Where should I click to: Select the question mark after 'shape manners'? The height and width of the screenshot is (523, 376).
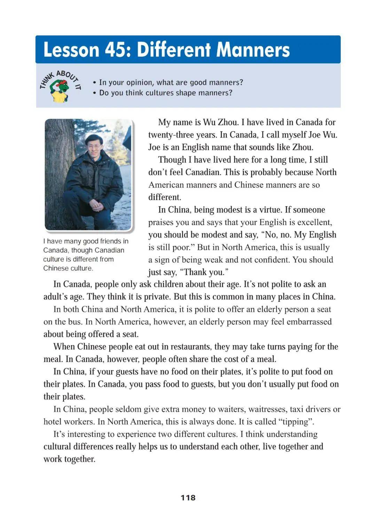pyautogui.click(x=230, y=93)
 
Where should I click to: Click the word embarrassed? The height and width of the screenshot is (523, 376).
pyautogui.click(x=308, y=322)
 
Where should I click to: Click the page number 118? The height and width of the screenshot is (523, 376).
pyautogui.click(x=188, y=498)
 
